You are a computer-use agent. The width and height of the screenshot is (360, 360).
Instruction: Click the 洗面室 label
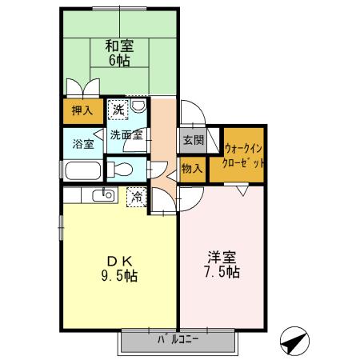click(x=126, y=135)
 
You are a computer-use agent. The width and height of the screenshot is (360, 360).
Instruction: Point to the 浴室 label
click(x=82, y=145)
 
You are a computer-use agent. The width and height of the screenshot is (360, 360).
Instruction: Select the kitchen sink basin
click(x=103, y=196)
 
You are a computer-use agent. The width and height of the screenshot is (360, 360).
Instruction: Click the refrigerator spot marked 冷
click(x=137, y=195)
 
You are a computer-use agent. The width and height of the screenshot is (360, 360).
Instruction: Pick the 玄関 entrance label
click(x=192, y=140)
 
